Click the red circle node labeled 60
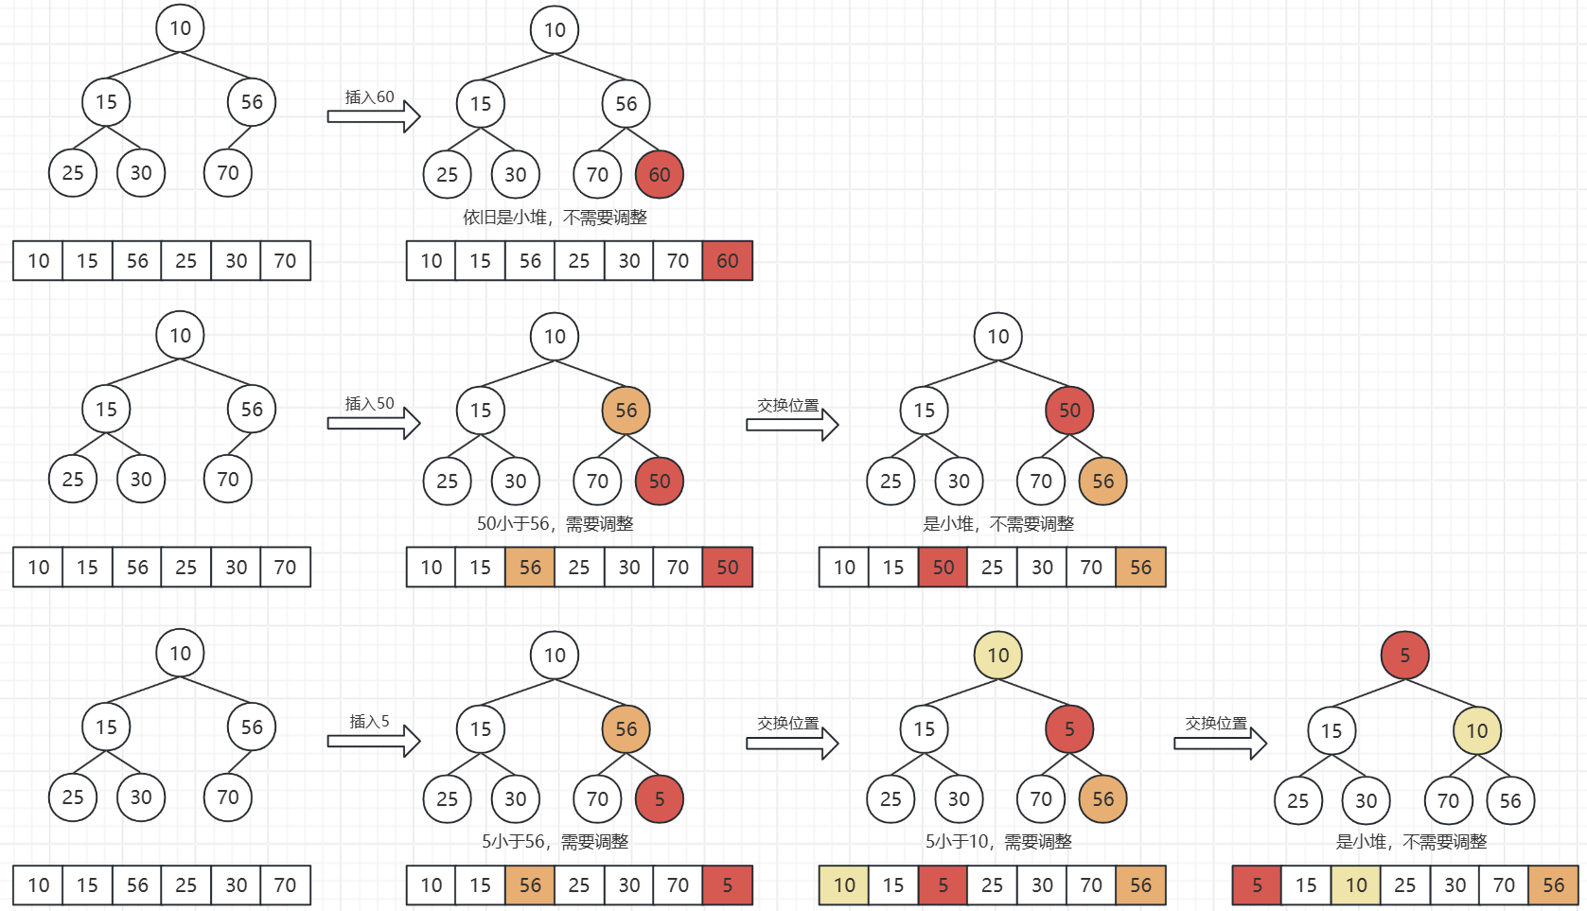coord(660,174)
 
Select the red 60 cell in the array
coord(727,261)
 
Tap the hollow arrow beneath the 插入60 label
coord(374,116)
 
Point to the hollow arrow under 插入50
coord(374,423)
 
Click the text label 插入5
coord(369,722)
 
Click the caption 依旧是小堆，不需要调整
coord(555,218)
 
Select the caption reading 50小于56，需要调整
coord(555,524)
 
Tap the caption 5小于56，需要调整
coord(555,842)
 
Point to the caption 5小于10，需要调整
coord(998,842)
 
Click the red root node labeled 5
coord(1404,655)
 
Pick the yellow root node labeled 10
coord(998,655)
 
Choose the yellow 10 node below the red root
coord(1476,730)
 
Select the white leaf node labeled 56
coord(1510,800)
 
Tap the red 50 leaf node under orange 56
coord(660,481)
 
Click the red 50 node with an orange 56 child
coord(1069,410)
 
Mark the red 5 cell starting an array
coord(1257,885)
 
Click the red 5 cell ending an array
coord(727,885)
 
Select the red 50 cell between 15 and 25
coord(943,568)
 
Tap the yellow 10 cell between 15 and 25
coord(1356,885)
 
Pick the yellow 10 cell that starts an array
coord(844,885)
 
